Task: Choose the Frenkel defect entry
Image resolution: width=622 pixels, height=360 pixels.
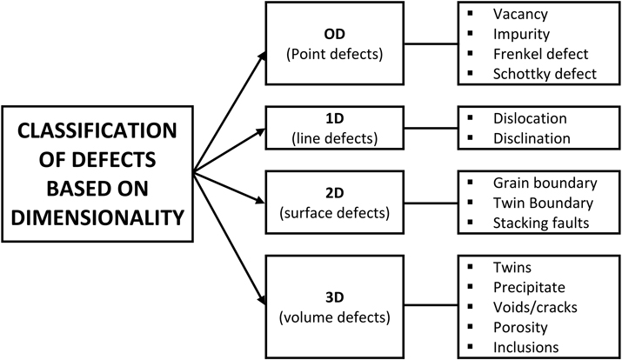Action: click(539, 55)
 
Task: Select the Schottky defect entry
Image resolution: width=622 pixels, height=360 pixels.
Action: click(544, 74)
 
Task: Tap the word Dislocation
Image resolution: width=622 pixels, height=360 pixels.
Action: click(529, 118)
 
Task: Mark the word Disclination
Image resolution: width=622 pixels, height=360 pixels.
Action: click(531, 137)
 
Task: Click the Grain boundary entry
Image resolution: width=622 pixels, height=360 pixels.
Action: click(544, 183)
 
